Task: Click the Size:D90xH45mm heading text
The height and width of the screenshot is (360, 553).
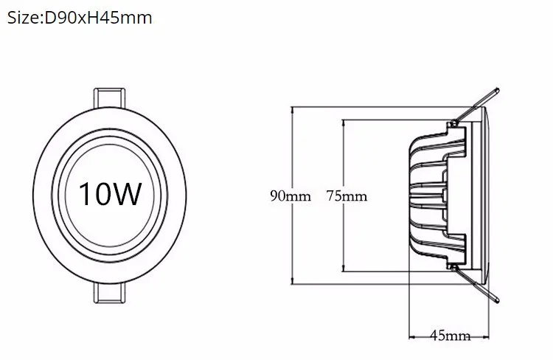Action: pos(80,18)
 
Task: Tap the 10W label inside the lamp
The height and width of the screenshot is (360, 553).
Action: pos(110,193)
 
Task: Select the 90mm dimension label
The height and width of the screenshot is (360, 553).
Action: pos(291,196)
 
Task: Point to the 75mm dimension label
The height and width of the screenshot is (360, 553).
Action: pos(347,196)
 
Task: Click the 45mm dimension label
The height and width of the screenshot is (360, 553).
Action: pos(451,336)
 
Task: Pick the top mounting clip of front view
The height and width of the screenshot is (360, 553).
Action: pos(109,97)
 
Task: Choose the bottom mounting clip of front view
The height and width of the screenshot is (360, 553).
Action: pos(109,293)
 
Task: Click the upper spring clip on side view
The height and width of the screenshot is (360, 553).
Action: pos(476,105)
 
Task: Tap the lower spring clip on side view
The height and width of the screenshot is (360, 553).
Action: pos(476,285)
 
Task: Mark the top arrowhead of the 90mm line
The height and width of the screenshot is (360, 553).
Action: pos(292,110)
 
